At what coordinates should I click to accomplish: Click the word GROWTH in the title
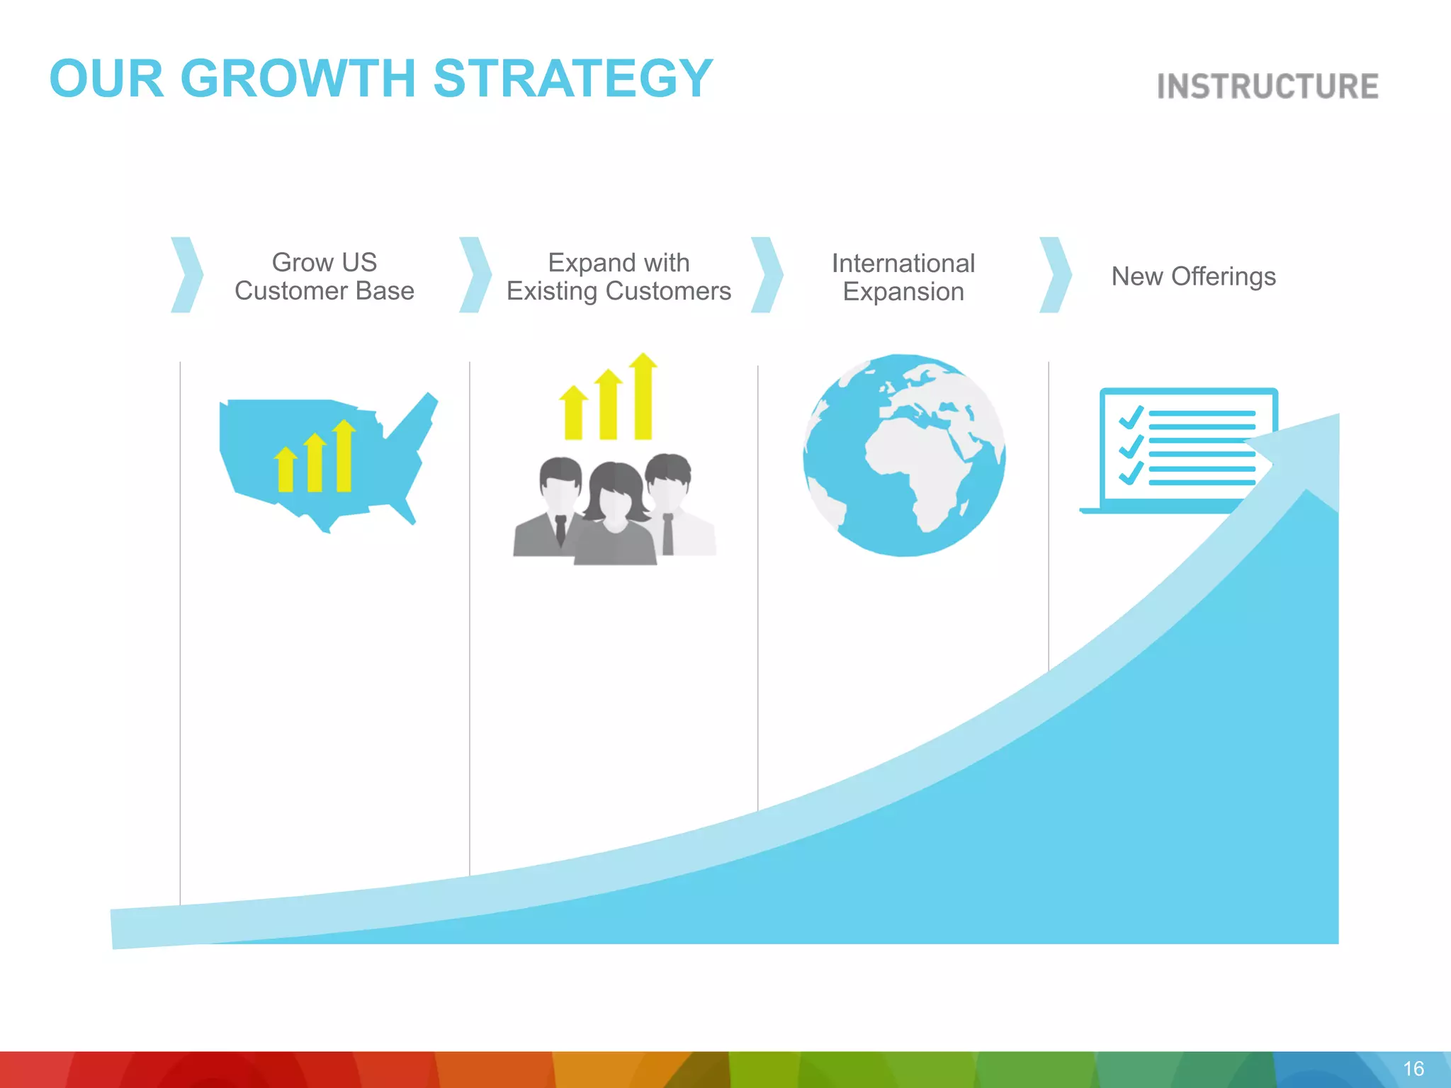(298, 78)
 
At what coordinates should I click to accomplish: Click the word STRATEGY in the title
(572, 78)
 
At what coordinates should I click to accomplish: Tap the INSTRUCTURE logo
(1267, 86)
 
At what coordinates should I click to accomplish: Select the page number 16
(1413, 1068)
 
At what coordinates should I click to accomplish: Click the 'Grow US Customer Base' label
(324, 276)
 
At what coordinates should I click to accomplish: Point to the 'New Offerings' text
(1193, 276)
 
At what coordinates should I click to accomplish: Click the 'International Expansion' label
(903, 277)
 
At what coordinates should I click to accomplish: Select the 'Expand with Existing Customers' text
(619, 277)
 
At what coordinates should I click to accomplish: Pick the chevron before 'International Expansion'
(767, 275)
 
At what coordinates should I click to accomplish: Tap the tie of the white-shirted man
(667, 534)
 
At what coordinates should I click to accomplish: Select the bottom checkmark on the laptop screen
(1131, 472)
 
